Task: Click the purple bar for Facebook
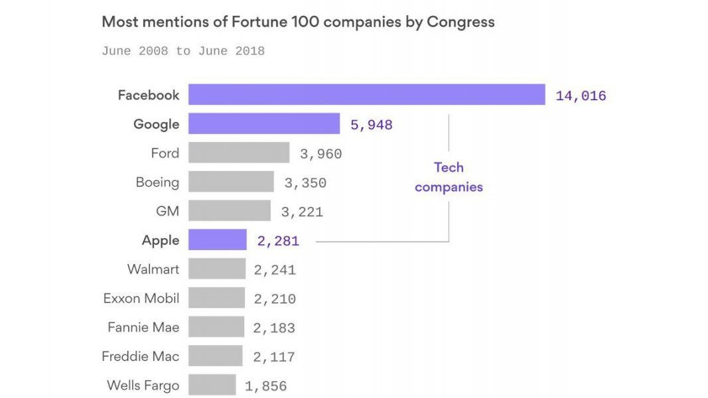[x=366, y=95]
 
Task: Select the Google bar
[x=264, y=124]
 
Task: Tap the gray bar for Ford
[x=238, y=153]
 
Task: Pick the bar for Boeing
[x=231, y=182]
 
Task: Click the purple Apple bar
[x=217, y=240]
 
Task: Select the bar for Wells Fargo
[x=212, y=385]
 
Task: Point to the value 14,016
[x=581, y=96]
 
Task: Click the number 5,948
[x=371, y=125]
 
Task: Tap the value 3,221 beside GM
[x=302, y=212]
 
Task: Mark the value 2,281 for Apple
[x=278, y=241]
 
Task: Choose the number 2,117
[x=273, y=358]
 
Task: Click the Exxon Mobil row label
[x=141, y=298]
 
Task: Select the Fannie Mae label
[x=143, y=328]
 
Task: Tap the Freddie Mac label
[x=141, y=357]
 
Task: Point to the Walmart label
[x=153, y=269]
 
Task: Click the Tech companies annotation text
[x=449, y=177]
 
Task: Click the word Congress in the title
[x=460, y=22]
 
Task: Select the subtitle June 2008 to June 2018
[x=183, y=51]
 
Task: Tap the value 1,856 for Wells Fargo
[x=265, y=386]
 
